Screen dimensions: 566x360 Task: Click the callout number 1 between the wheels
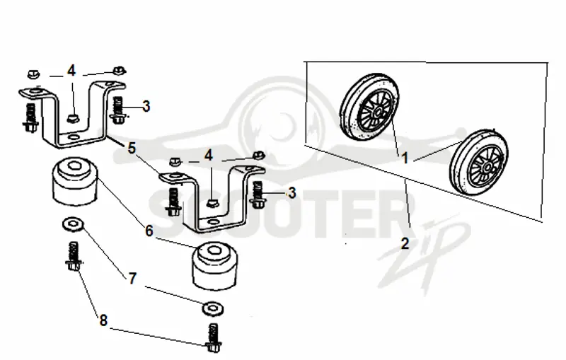(405, 158)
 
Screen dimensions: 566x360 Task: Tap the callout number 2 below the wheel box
(405, 243)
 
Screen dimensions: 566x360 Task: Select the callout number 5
(132, 149)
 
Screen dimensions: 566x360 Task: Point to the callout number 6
(149, 231)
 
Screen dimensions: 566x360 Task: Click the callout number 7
(132, 278)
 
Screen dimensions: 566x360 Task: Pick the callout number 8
(103, 320)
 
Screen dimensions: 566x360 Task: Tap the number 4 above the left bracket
(71, 71)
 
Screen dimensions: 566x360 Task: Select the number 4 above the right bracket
(208, 156)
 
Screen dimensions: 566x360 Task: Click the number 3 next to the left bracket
(146, 106)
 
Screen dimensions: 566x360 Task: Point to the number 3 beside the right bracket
(291, 192)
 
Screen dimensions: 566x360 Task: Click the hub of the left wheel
(378, 113)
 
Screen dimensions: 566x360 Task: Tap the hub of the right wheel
(487, 168)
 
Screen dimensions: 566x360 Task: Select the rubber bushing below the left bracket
(75, 182)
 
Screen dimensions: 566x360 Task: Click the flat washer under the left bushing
(73, 224)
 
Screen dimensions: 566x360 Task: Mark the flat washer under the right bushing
(213, 308)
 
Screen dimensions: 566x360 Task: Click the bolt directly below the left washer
(74, 256)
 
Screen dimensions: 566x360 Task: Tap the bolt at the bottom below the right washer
(214, 337)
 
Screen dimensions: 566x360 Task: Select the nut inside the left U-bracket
(74, 117)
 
